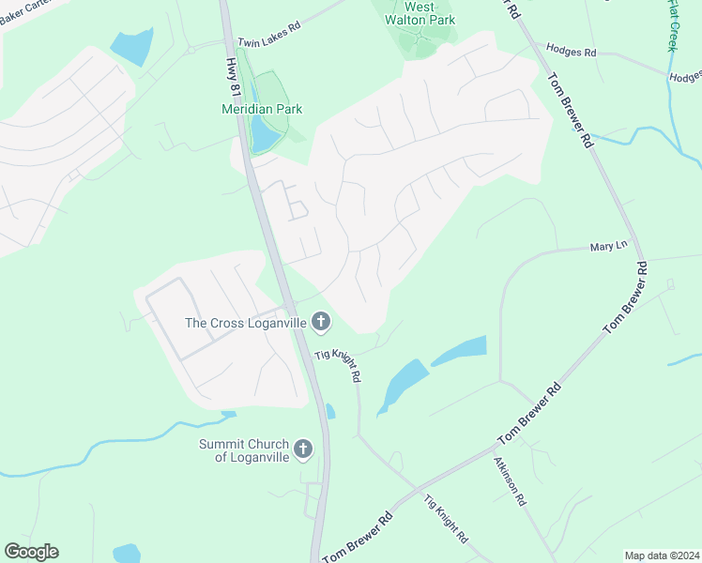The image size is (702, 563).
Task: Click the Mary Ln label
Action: pyautogui.click(x=607, y=246)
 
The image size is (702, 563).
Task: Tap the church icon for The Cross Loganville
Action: pyautogui.click(x=320, y=323)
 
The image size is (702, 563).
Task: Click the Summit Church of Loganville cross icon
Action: pyautogui.click(x=302, y=449)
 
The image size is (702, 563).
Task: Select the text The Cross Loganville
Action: pyautogui.click(x=245, y=323)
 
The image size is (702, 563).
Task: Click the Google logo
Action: pyautogui.click(x=31, y=552)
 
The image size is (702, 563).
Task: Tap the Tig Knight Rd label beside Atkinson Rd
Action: pyautogui.click(x=446, y=519)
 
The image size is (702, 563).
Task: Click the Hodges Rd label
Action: pyautogui.click(x=571, y=53)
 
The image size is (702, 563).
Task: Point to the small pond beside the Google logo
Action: pyautogui.click(x=126, y=554)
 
